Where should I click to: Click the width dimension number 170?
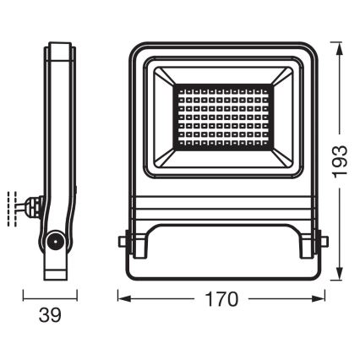[221, 300]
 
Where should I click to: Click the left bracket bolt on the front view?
[126, 242]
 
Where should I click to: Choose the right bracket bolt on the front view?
[319, 242]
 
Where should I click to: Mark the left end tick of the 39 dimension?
[24, 297]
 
